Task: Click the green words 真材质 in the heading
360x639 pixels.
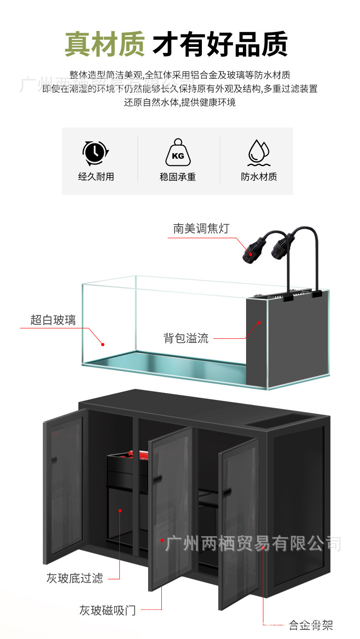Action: (104, 44)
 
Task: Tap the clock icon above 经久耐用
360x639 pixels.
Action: (95, 153)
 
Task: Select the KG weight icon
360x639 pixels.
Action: (178, 153)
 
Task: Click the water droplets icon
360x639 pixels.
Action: (258, 153)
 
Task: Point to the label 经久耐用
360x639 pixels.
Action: (96, 177)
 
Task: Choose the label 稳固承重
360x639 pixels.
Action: (178, 177)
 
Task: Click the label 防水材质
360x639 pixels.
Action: (259, 177)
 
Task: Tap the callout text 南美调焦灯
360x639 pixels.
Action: (201, 228)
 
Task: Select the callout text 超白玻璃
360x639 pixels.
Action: (53, 320)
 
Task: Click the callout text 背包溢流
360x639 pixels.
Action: (186, 338)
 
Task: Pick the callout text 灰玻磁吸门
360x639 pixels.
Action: (108, 610)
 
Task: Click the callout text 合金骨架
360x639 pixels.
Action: (311, 625)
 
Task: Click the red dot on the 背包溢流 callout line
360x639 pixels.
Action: (259, 322)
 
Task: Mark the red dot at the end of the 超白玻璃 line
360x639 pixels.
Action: (103, 344)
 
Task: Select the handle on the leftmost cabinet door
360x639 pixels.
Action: (54, 460)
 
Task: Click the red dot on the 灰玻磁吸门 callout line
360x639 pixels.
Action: (162, 541)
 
